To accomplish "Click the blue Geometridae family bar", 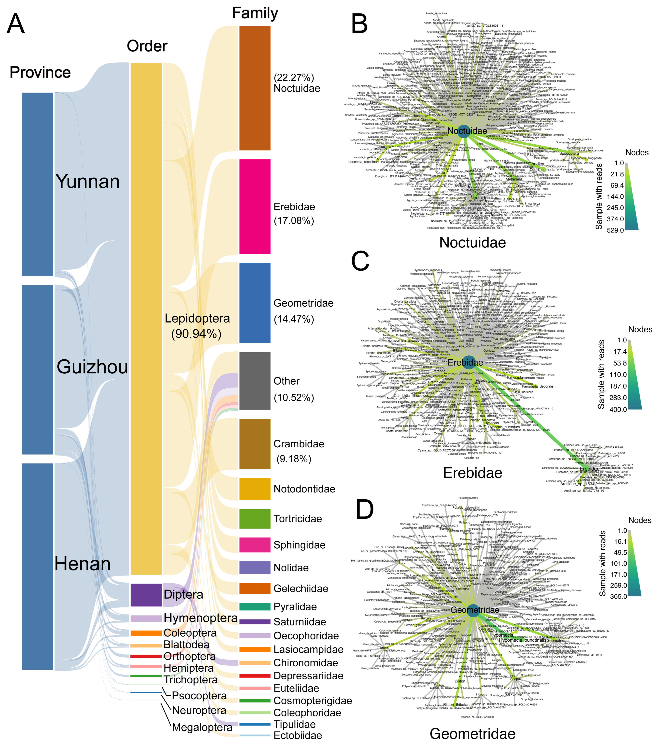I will (255, 303).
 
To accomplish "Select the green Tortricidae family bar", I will (255, 518).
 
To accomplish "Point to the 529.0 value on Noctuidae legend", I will (615, 230).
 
